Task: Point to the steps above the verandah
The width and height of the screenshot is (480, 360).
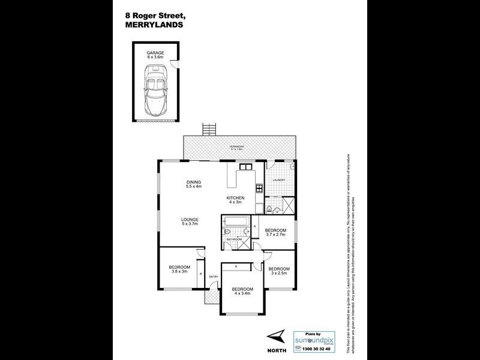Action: [208, 129]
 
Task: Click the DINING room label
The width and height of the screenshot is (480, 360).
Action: [193, 184]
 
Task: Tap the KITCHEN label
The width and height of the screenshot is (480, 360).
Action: [235, 199]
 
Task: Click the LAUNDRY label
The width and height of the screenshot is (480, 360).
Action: [278, 180]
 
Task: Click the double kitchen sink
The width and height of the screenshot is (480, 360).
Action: [245, 166]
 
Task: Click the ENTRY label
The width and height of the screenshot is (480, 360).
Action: [213, 277]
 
